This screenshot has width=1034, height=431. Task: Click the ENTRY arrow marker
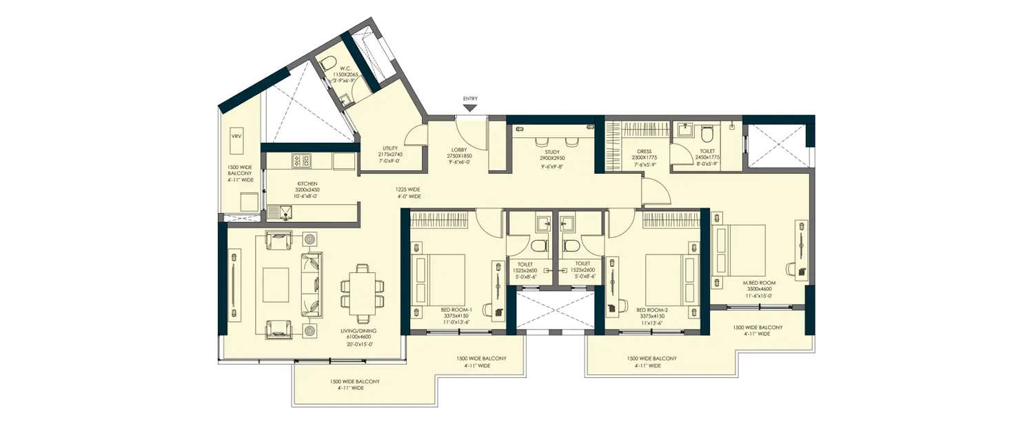point(470,107)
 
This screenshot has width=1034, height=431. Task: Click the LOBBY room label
point(460,150)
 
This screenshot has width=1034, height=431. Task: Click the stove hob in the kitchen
point(302,161)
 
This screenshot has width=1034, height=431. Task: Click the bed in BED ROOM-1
point(438,275)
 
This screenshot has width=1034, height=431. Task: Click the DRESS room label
point(644,152)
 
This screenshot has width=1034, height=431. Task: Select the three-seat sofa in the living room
point(311,284)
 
